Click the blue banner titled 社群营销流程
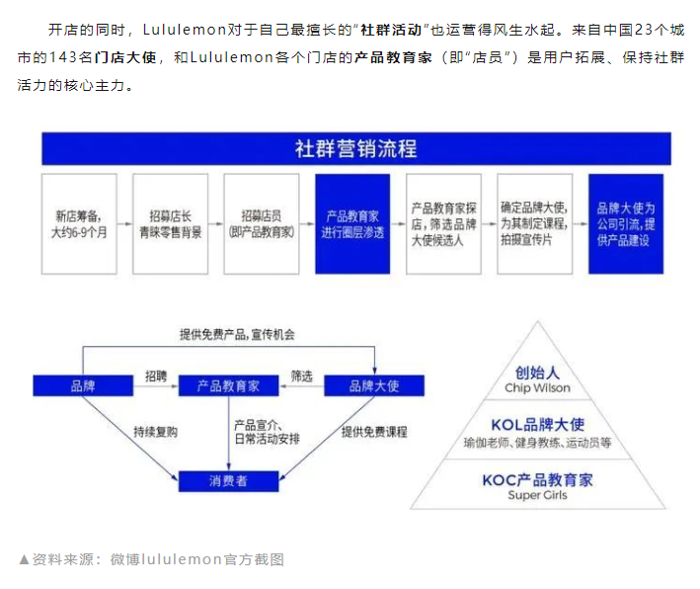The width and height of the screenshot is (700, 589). click(355, 149)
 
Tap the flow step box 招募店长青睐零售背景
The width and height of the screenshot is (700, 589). click(170, 223)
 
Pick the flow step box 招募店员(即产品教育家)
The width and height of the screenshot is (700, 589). click(261, 223)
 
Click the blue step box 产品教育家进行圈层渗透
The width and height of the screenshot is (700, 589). click(352, 223)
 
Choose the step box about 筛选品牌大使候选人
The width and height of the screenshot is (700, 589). click(443, 223)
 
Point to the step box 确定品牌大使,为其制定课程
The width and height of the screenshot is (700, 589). click(534, 223)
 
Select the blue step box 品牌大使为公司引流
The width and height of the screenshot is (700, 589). click(625, 223)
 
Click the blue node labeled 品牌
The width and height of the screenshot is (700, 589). click(83, 386)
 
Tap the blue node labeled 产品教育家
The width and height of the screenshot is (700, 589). click(228, 386)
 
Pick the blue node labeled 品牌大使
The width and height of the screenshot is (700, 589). click(374, 386)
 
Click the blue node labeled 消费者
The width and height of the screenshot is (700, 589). click(228, 481)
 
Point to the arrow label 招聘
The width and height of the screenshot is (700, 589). click(156, 376)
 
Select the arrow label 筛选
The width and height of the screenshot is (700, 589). click(301, 376)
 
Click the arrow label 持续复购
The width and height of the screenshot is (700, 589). click(157, 432)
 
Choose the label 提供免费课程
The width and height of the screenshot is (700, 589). click(374, 432)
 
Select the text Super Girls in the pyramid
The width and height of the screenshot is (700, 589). click(537, 495)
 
